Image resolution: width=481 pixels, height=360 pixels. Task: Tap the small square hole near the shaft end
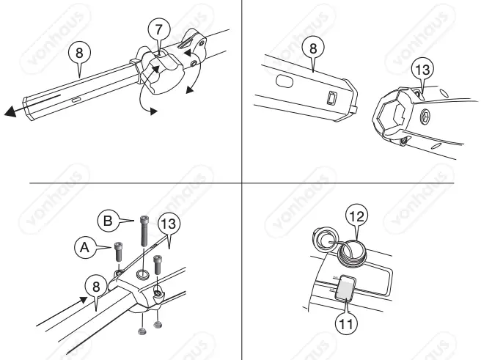[331, 98]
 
